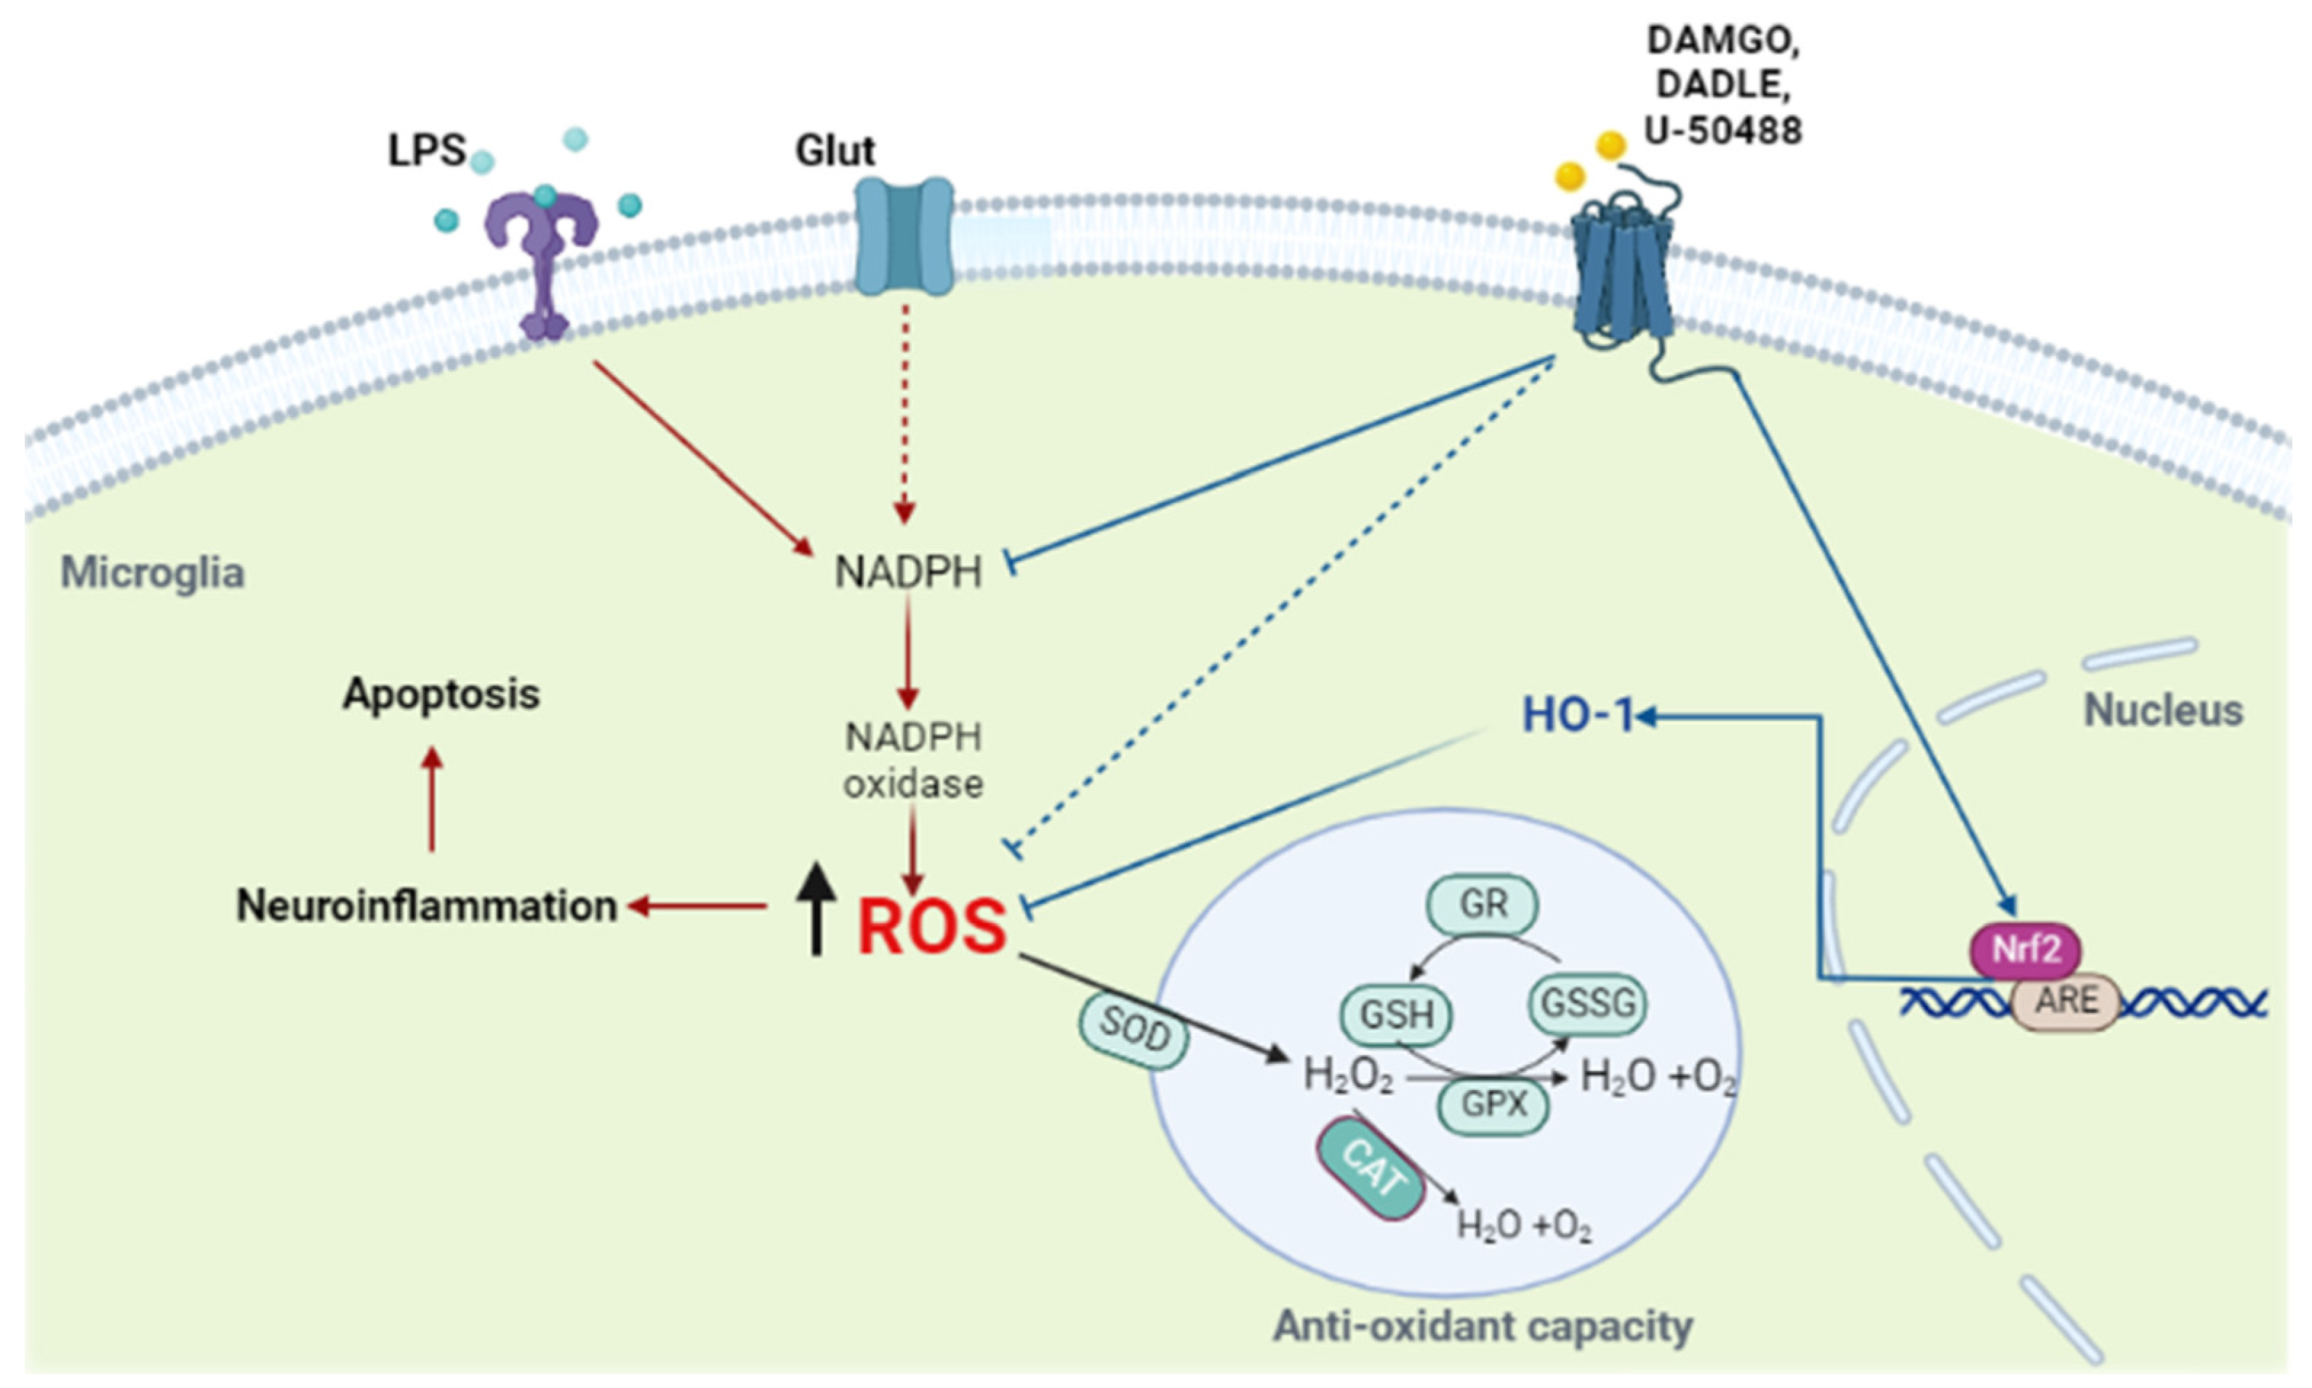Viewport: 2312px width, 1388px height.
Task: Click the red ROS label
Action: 931,926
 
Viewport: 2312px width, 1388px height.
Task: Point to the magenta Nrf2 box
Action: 2026,951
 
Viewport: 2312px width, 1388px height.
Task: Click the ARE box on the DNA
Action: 2065,1001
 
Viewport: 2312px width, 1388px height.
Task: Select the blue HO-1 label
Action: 1576,717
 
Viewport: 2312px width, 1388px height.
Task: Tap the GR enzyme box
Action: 1483,905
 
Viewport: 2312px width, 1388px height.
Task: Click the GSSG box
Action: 1587,1004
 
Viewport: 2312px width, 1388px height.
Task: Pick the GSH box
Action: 1395,1014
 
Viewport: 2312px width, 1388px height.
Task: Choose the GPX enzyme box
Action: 1493,1105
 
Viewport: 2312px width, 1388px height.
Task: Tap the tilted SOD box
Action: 1134,1030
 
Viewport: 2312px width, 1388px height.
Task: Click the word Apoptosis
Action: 441,694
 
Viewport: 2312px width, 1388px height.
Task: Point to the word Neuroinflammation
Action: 426,905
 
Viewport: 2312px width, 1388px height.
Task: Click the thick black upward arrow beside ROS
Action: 816,907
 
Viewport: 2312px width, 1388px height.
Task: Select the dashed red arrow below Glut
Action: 904,411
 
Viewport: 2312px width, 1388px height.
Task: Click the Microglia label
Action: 153,573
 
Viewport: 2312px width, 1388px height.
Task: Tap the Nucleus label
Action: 2162,711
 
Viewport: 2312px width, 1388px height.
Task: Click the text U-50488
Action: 1722,131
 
